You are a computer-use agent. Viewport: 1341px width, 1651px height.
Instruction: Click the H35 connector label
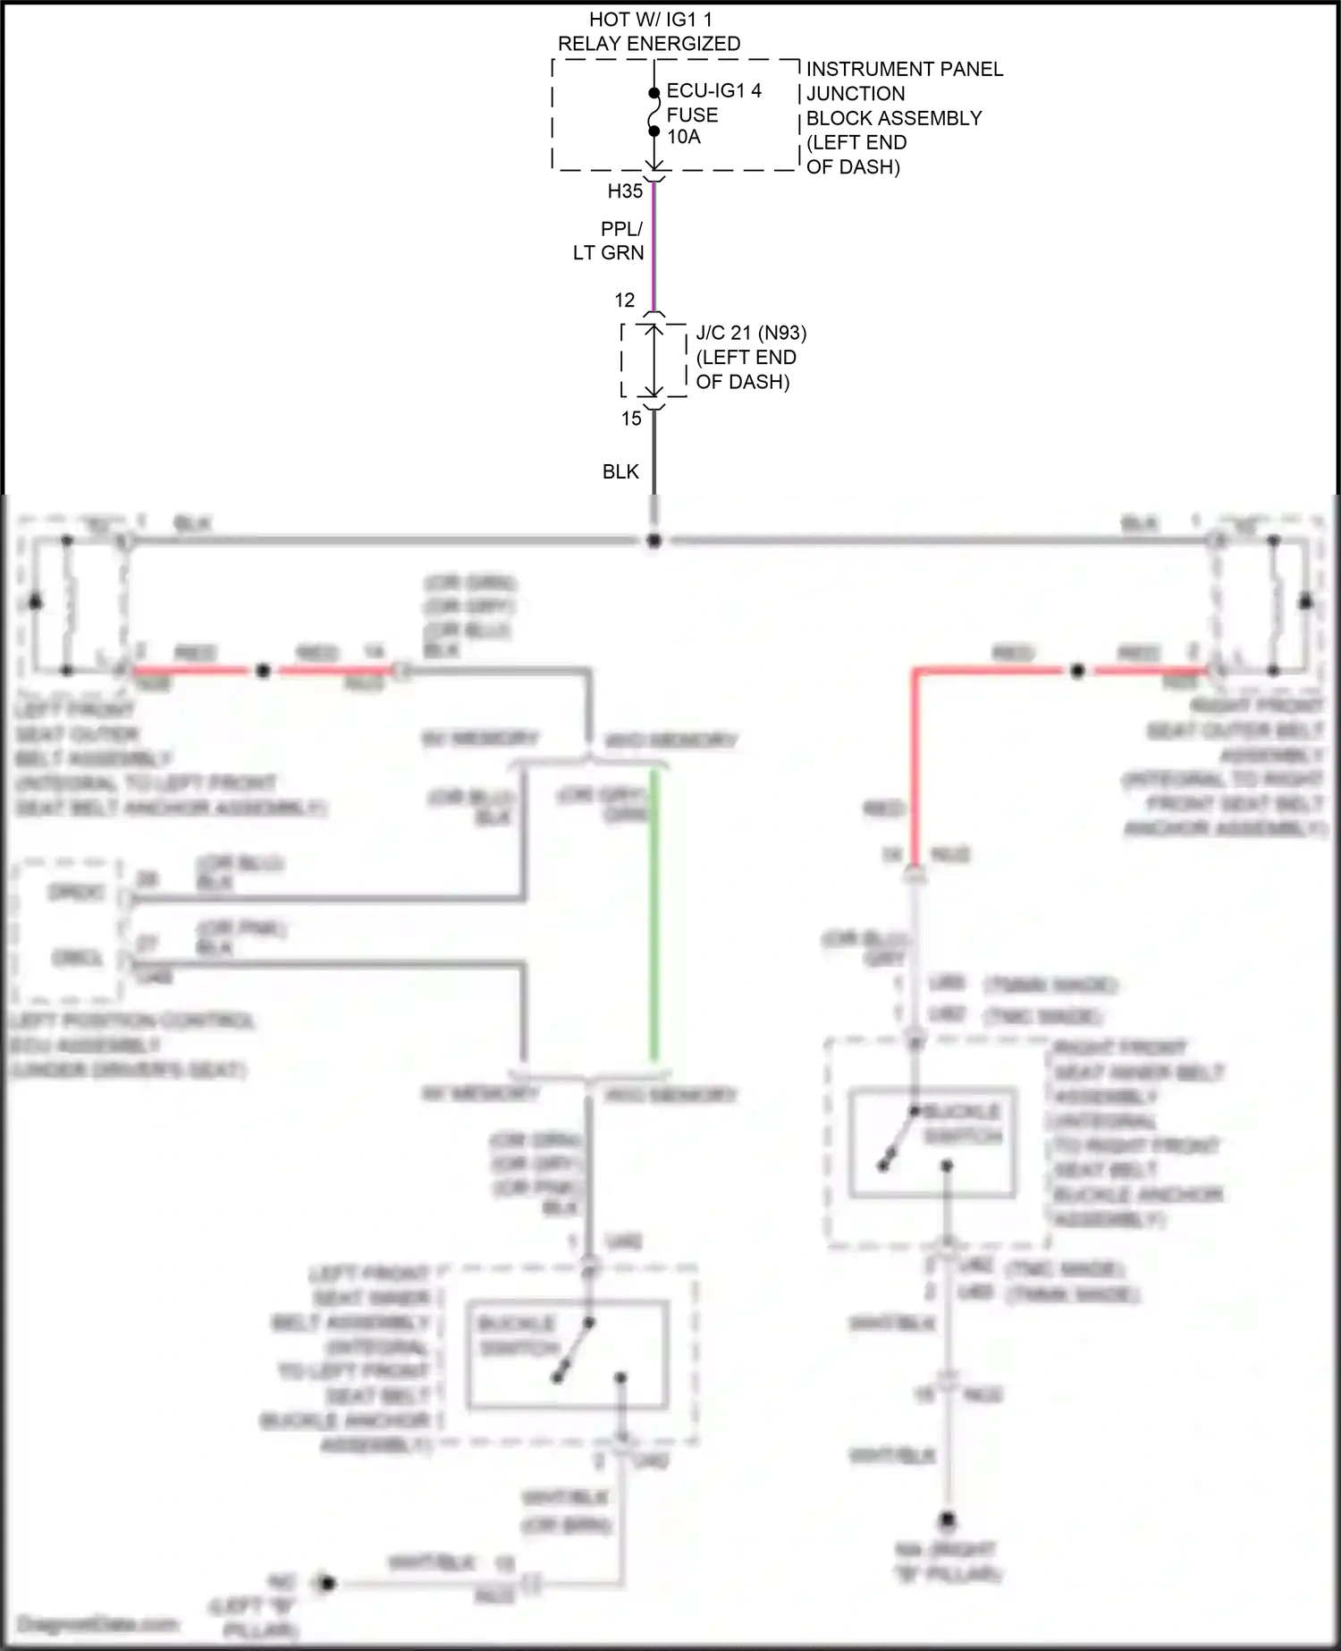(625, 191)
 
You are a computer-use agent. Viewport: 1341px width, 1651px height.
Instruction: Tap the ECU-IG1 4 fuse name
(713, 91)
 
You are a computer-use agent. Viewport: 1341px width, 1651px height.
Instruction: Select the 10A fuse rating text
(684, 138)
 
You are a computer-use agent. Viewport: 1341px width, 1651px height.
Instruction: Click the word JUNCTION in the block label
(856, 94)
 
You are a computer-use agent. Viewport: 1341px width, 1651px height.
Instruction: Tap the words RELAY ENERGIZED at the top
(649, 44)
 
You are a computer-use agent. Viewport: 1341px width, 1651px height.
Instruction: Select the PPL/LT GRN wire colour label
(610, 241)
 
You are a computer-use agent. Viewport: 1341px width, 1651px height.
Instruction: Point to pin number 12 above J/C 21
(625, 301)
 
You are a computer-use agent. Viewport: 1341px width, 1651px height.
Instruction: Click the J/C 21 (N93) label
(751, 334)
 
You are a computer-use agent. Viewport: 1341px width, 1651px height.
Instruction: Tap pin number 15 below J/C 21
(631, 419)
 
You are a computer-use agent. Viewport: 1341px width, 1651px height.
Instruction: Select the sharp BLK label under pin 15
(620, 472)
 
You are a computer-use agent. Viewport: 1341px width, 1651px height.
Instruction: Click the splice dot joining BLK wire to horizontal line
(654, 541)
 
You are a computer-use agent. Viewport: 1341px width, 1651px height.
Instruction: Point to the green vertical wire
(654, 912)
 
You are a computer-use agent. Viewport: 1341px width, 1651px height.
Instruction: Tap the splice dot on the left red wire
(263, 671)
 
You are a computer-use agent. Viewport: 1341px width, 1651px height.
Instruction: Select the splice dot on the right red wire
(1078, 671)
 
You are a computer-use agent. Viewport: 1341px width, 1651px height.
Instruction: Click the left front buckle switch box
(567, 1355)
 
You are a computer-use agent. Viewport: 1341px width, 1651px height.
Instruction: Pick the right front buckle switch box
(932, 1143)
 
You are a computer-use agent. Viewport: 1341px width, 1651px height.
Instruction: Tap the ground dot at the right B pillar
(949, 1520)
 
